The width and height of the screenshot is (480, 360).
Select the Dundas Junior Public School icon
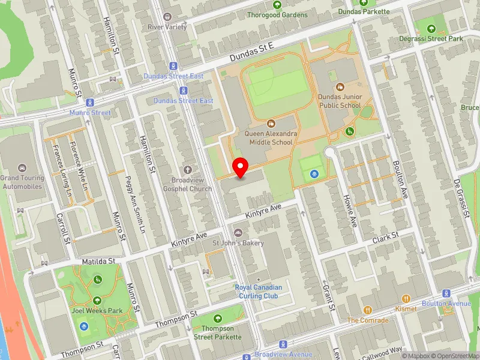(340, 87)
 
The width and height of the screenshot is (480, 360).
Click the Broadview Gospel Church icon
(188, 170)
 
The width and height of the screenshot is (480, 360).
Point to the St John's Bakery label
(238, 242)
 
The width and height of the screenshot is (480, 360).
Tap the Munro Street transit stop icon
(90, 103)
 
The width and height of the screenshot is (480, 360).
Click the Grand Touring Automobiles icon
(23, 168)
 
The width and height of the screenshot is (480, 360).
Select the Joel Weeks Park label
(97, 311)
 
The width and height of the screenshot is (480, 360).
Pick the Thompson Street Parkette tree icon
(217, 318)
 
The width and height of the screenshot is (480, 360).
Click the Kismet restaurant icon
(406, 298)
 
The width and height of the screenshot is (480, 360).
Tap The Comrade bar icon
(368, 310)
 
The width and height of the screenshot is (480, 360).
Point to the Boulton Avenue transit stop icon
(446, 293)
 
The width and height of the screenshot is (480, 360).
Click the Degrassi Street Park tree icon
(431, 28)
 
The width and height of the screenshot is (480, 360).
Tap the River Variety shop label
(167, 27)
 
